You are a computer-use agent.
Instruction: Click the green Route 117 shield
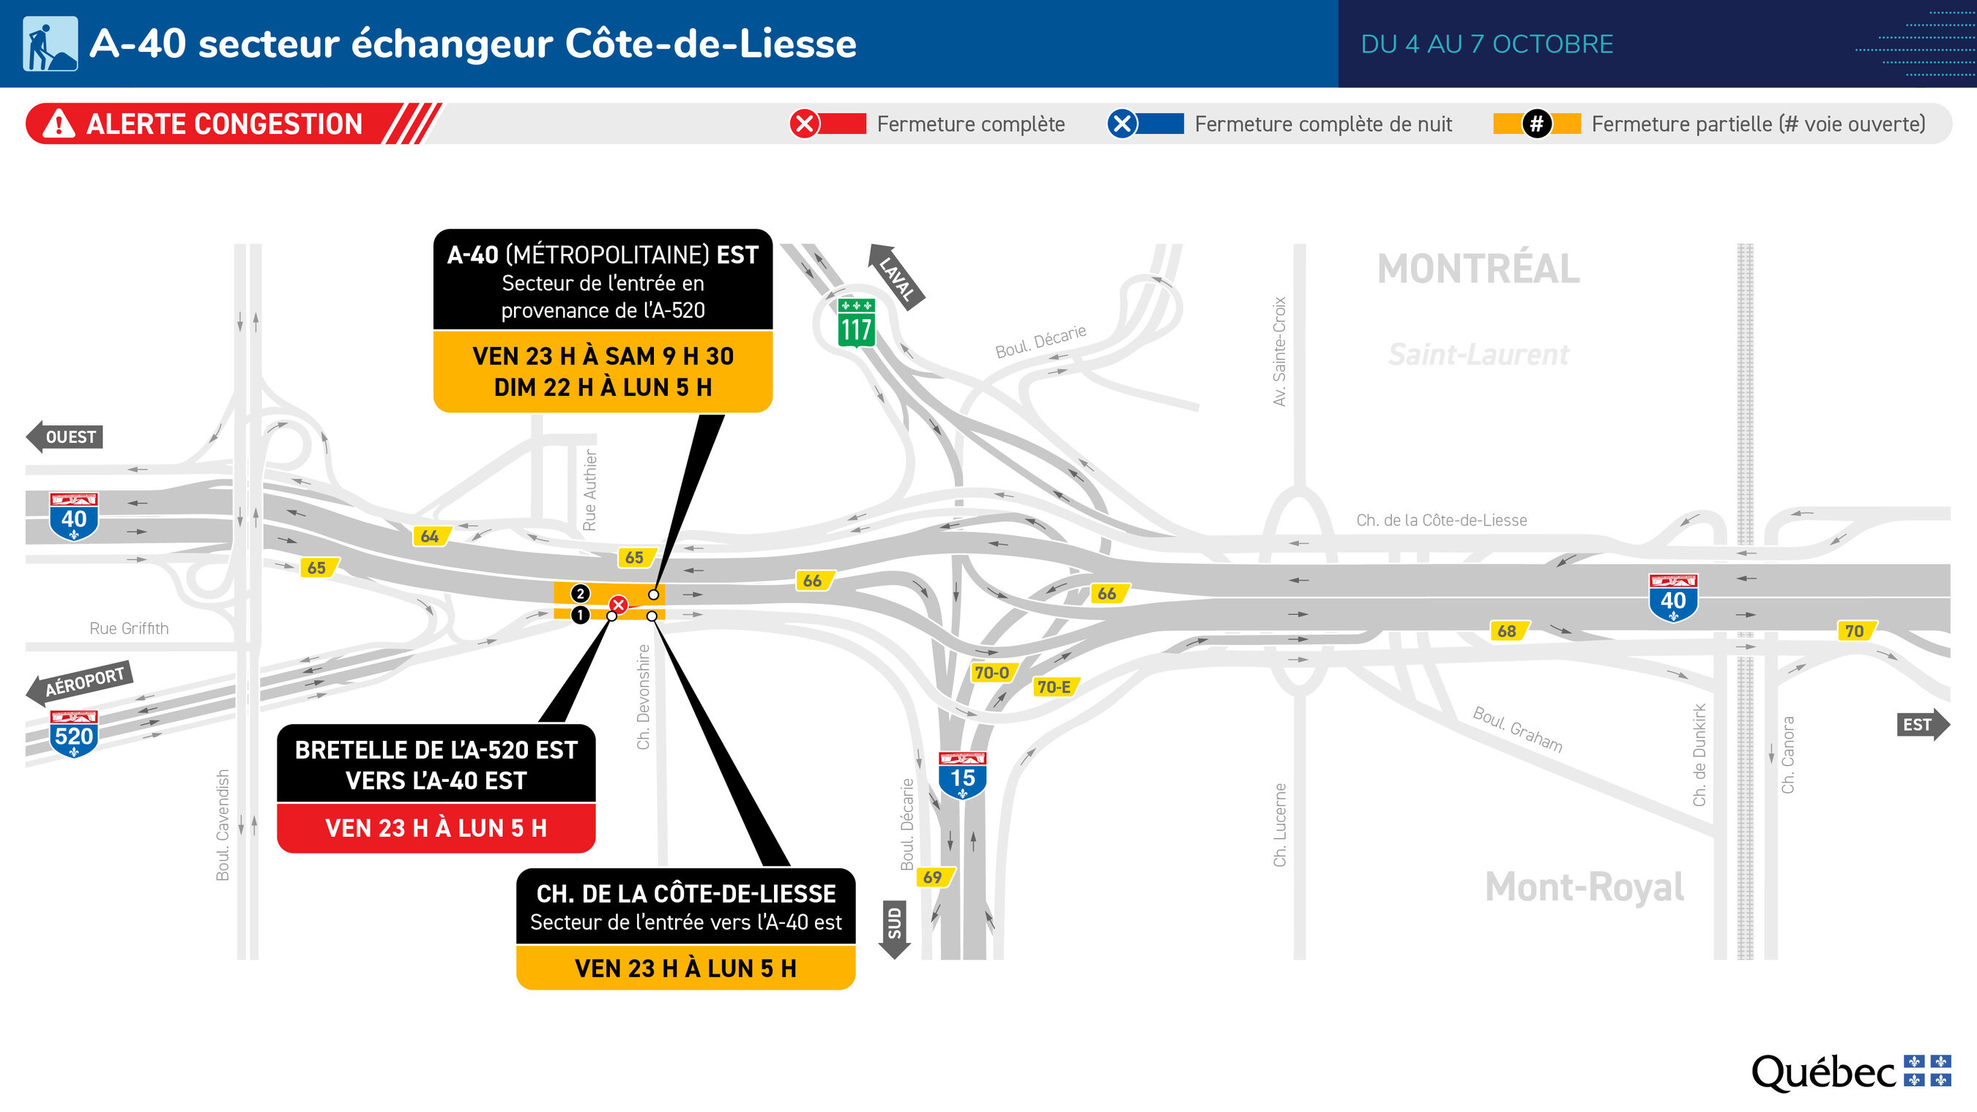[856, 322]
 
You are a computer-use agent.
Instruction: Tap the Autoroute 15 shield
[962, 775]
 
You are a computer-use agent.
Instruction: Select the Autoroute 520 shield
[74, 734]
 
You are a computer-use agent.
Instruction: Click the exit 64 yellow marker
[431, 537]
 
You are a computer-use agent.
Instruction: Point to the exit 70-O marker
[993, 673]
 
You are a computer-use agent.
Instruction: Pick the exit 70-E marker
[1055, 687]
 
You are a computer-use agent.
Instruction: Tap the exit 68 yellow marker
[1509, 631]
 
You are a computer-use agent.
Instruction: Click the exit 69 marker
[935, 876]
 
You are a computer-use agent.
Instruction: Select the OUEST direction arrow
[64, 436]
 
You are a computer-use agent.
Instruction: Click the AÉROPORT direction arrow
[80, 682]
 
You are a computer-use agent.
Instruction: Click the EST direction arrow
[1923, 725]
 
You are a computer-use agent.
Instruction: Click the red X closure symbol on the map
[619, 605]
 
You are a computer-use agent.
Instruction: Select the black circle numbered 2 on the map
[580, 593]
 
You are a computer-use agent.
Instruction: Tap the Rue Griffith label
[129, 629]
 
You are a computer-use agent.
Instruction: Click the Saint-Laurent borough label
[1478, 354]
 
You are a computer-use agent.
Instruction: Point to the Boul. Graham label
[1517, 729]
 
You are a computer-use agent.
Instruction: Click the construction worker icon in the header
[51, 44]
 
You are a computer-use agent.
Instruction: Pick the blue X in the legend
[1122, 124]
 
